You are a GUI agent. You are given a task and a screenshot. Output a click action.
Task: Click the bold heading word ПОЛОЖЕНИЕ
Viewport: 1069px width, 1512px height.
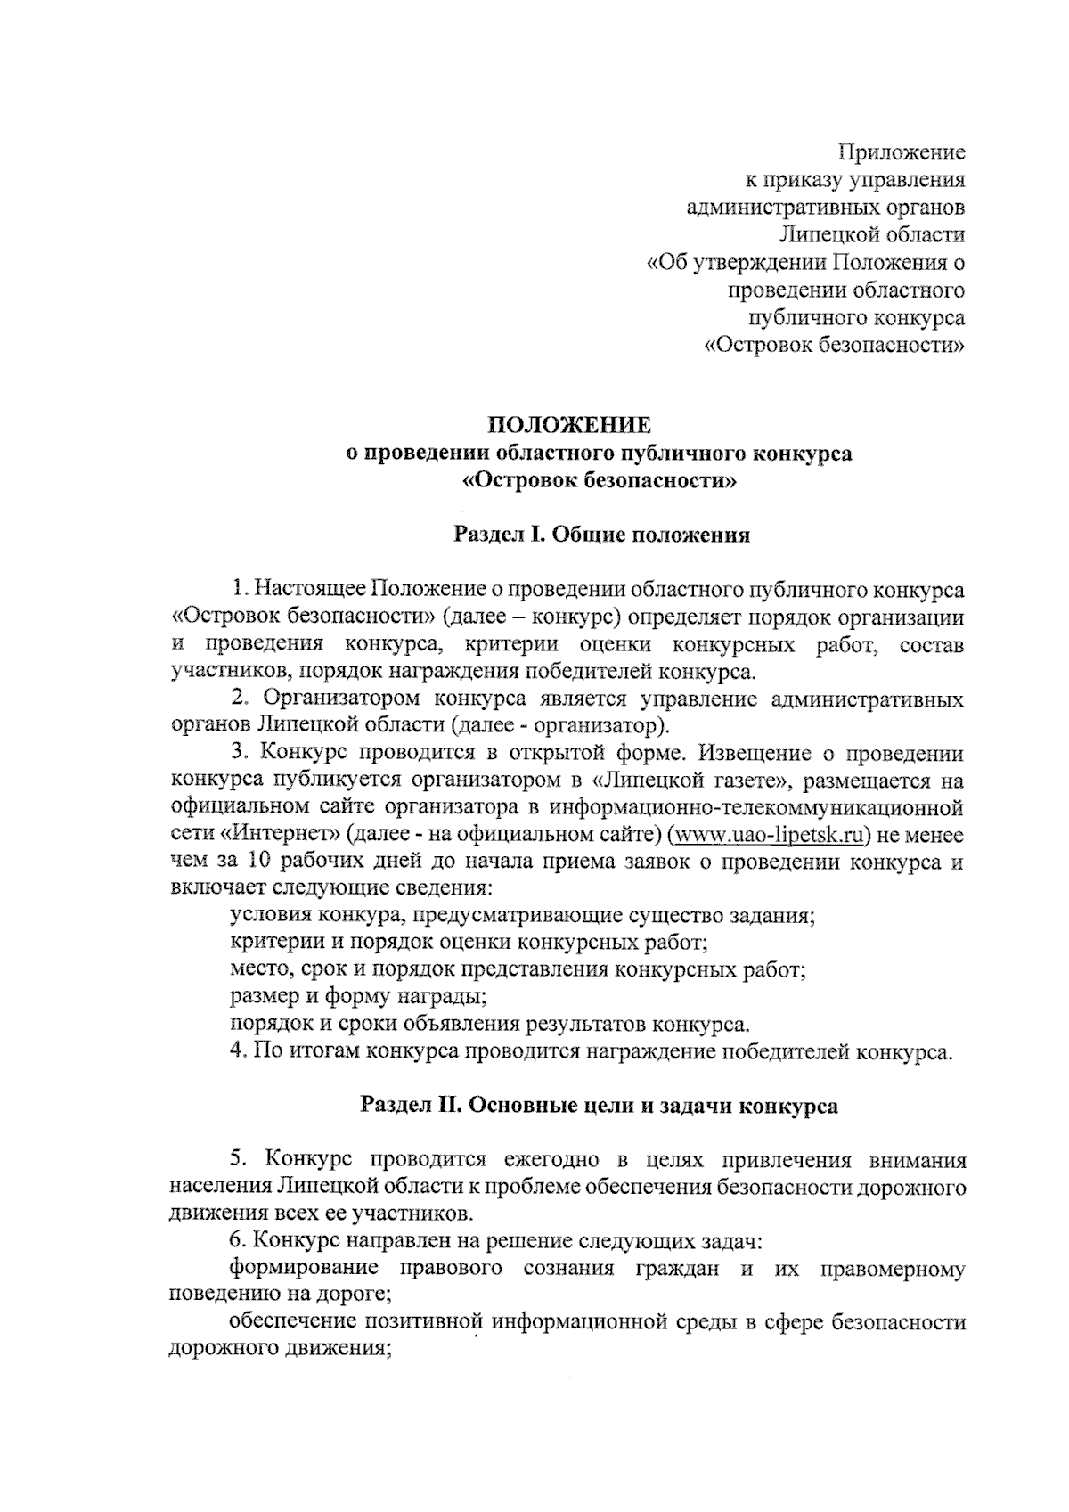(x=573, y=424)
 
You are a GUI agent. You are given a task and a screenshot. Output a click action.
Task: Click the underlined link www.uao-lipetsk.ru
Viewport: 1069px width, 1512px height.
(x=768, y=835)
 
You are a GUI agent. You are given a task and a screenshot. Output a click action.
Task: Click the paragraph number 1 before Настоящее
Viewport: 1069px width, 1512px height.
(x=237, y=589)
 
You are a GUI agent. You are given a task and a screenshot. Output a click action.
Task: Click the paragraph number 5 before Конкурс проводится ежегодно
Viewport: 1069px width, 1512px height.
(x=237, y=1160)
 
